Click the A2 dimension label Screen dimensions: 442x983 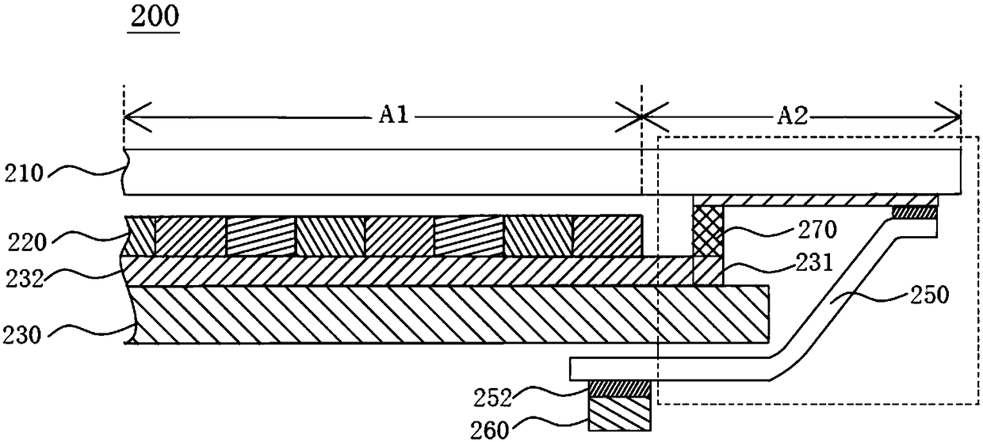pos(792,118)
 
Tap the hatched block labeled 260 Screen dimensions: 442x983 pos(619,415)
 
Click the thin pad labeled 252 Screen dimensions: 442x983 pos(619,389)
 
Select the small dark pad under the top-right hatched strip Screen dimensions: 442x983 pos(915,212)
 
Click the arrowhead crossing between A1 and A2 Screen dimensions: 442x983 pos(641,120)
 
